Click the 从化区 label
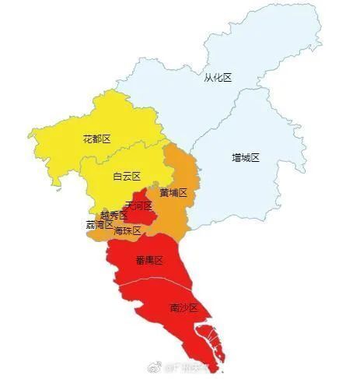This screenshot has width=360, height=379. [218, 77]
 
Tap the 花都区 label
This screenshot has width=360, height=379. [96, 139]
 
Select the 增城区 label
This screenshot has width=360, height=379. [245, 157]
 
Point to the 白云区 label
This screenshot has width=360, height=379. [126, 177]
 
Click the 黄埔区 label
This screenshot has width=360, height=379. [173, 192]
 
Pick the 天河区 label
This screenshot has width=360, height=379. [138, 205]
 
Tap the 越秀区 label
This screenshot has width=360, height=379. [114, 215]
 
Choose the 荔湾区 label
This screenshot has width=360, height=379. [100, 224]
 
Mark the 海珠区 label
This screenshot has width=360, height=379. [127, 230]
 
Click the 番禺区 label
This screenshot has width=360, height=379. [146, 260]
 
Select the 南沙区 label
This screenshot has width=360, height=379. [183, 308]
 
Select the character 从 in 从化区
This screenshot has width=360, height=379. [208, 77]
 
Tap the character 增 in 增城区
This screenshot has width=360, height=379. [236, 157]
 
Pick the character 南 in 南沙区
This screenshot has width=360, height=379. [174, 308]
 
